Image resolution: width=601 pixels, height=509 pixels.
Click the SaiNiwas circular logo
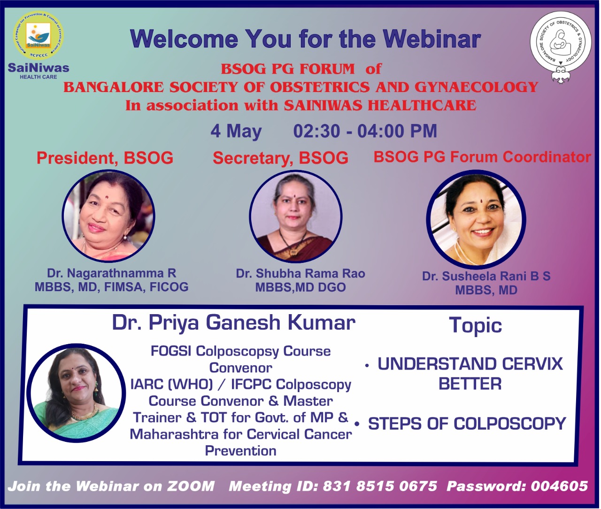39,35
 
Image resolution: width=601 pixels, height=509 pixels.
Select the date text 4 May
236,131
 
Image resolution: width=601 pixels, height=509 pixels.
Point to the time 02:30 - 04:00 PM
365,131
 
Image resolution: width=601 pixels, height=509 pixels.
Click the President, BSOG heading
105,158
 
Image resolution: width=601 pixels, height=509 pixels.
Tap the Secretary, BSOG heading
281,158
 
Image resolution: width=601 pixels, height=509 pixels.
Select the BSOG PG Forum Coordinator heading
482,157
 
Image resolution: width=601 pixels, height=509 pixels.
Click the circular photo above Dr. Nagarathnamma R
108,216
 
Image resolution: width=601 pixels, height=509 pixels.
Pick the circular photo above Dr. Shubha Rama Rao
295,216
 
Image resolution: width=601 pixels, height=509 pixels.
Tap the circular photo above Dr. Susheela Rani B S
476,219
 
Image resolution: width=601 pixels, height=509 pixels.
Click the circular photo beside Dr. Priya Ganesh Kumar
76,393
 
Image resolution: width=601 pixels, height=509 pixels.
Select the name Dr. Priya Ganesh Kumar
234,323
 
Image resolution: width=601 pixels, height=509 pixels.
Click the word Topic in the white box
476,325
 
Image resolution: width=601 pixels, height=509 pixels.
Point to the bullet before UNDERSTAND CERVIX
367,366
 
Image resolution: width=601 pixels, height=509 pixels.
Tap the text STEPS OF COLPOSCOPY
467,424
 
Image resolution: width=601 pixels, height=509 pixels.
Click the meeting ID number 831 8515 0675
380,486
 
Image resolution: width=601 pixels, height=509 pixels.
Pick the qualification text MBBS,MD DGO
300,287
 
